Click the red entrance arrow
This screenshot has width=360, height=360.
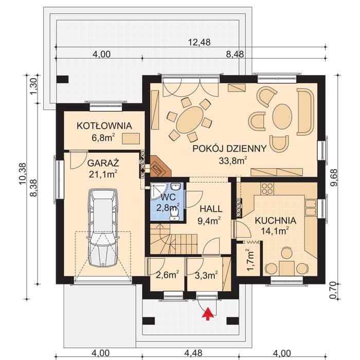pos(208,314)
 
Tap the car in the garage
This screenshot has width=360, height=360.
pos(103,227)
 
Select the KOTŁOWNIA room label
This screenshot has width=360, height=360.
pos(104,126)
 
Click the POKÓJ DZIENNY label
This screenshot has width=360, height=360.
pos(229,149)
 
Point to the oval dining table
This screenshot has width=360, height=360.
pos(190,119)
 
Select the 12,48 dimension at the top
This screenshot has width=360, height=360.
pos(200,42)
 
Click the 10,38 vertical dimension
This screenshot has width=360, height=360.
pos(23,173)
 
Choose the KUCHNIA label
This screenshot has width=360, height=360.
pos(276,221)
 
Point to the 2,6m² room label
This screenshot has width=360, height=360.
pos(168,275)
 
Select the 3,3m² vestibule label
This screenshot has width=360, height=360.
pos(206,275)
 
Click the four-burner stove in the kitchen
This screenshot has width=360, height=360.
pos(267,189)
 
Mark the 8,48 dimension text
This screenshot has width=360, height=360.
pos(235,55)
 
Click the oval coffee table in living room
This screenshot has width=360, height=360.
pos(282,117)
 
